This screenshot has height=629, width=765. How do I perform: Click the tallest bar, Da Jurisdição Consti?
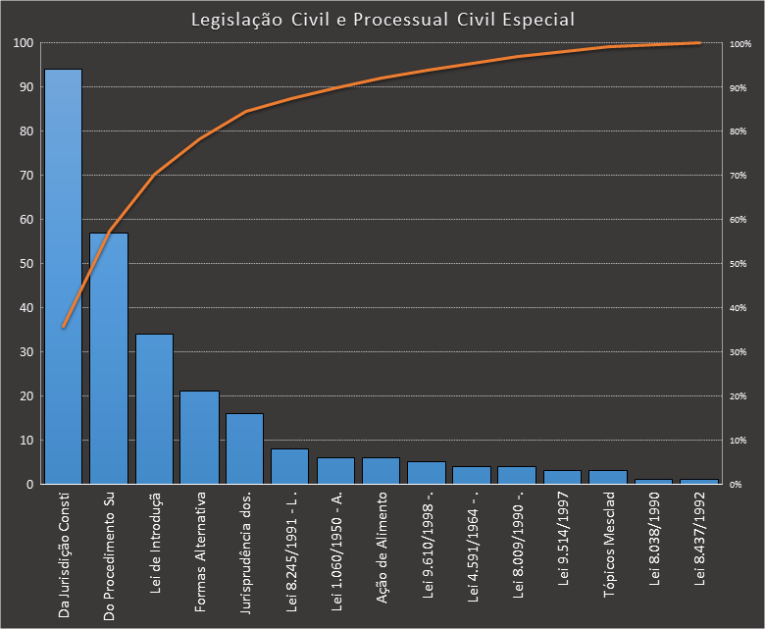[64, 275]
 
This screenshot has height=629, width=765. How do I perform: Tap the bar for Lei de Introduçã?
[154, 408]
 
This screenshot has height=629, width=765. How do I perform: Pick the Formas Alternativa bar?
[199, 437]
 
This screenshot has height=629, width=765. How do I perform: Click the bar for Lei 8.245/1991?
[290, 466]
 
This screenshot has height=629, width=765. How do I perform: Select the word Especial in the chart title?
[538, 20]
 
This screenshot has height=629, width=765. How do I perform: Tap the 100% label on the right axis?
[739, 44]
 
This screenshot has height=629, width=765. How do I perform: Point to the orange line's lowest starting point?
[64, 327]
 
